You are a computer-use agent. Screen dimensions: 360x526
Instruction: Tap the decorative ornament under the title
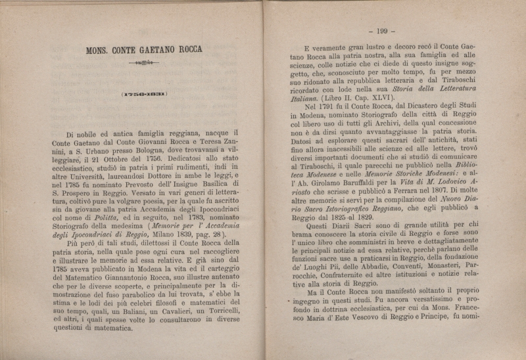pos(143,62)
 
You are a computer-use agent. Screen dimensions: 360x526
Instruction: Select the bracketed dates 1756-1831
pos(143,93)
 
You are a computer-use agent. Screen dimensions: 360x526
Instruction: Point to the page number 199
pos(381,30)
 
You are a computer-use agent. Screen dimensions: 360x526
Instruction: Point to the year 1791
pos(339,105)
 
